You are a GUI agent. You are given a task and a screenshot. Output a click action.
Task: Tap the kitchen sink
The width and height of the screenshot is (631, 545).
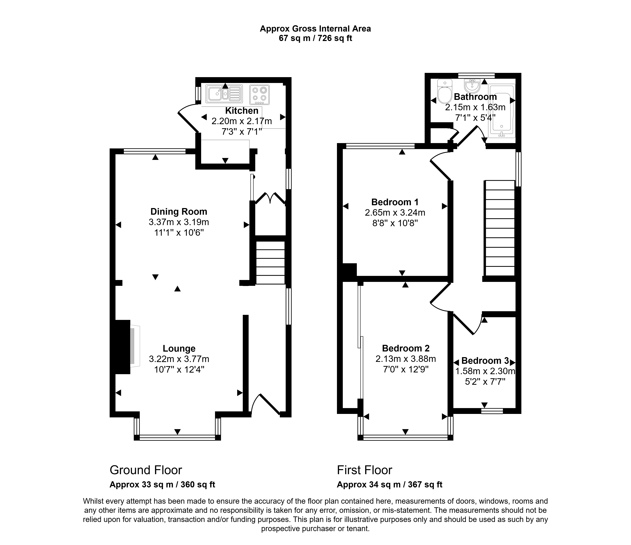pyautogui.click(x=224, y=94)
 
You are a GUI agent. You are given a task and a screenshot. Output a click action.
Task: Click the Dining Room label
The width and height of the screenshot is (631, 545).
pyautogui.click(x=179, y=212)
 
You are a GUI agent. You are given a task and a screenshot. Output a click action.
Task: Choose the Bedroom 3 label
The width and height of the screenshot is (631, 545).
pyautogui.click(x=485, y=361)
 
